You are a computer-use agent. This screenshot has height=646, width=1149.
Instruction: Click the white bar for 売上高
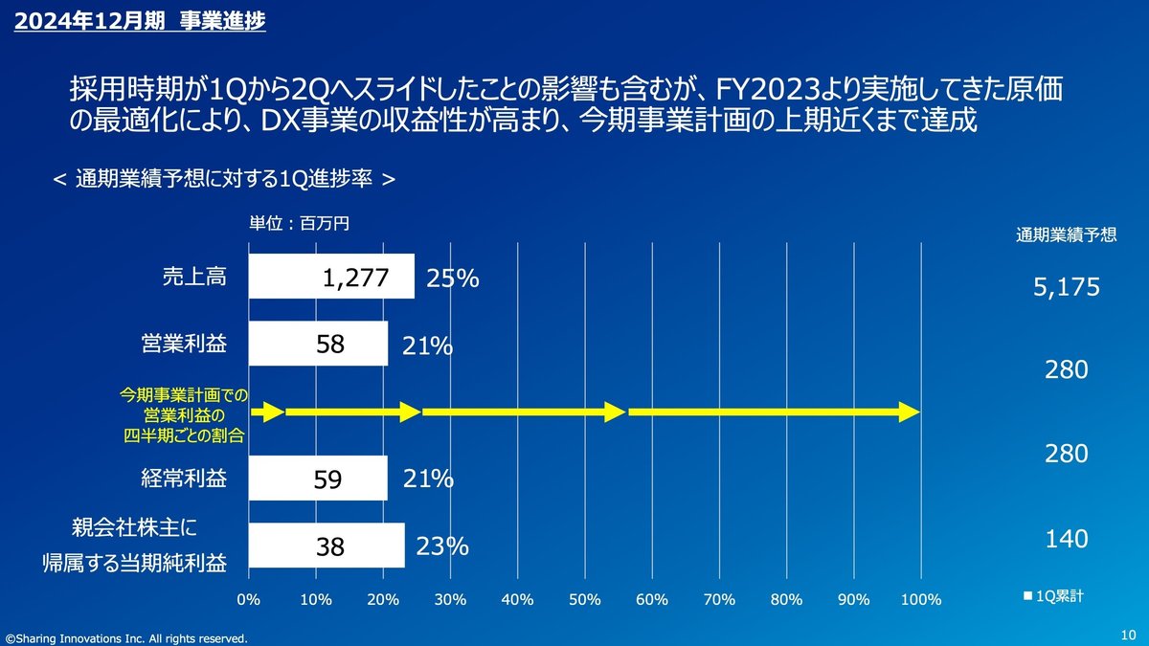tap(330, 277)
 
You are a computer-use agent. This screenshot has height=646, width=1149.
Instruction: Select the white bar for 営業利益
tap(318, 343)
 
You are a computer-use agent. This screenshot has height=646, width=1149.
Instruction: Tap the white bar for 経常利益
tap(318, 478)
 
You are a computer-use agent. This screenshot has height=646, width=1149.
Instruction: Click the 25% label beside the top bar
tap(453, 278)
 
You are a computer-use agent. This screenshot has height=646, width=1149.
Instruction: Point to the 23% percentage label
tap(442, 546)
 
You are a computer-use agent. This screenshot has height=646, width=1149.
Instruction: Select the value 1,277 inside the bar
tap(355, 278)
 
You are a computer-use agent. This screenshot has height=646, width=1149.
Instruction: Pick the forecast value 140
tap(1066, 539)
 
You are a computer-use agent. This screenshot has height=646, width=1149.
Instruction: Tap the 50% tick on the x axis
tap(584, 600)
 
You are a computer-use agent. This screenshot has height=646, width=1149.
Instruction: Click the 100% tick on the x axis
tap(920, 600)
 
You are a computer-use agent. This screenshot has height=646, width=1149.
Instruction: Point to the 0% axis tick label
tap(249, 600)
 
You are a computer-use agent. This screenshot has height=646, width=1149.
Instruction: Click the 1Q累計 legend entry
tap(1053, 595)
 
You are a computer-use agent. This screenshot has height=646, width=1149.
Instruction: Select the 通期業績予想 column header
tap(1065, 235)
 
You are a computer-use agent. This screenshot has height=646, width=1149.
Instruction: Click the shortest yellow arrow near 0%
tap(268, 412)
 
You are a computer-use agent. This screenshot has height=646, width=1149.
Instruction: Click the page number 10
tap(1127, 635)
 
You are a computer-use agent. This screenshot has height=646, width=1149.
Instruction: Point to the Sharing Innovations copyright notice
tap(125, 637)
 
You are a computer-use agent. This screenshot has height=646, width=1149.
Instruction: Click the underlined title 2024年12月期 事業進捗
tap(138, 21)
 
